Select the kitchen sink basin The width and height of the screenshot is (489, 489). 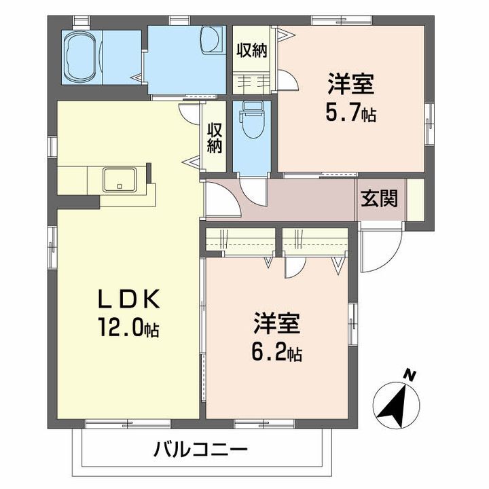click(120, 179)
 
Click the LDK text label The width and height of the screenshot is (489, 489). click(129, 298)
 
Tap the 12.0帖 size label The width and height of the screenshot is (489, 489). click(128, 327)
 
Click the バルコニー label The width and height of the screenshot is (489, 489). click(201, 450)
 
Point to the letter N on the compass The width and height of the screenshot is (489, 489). click(410, 375)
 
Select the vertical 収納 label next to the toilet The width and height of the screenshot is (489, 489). click(215, 138)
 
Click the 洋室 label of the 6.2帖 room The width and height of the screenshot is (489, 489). click(276, 323)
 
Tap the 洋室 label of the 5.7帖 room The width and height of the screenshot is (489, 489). click(350, 84)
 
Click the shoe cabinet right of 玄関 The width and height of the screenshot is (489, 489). click(416, 200)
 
